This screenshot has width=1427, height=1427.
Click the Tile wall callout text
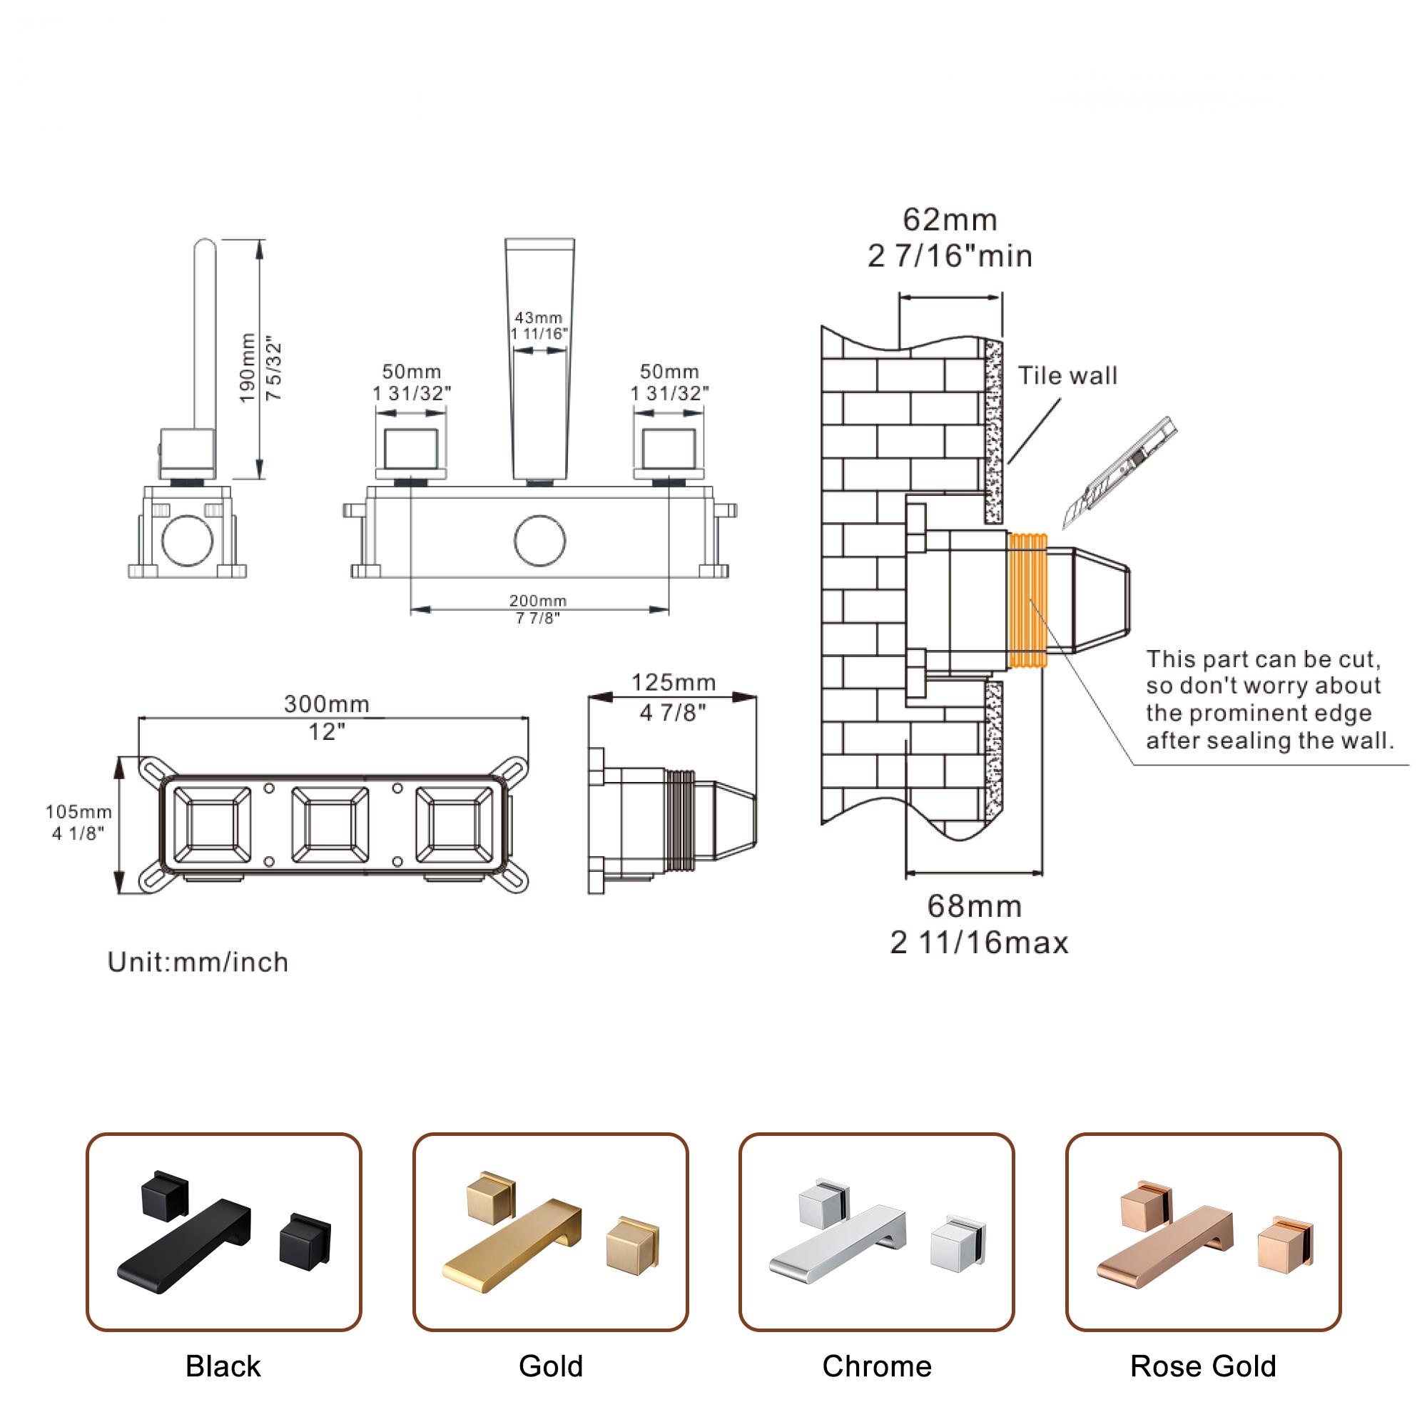[1067, 376]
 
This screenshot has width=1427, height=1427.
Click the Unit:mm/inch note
[198, 963]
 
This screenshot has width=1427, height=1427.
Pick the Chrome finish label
[877, 1366]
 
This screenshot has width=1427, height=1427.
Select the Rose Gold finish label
[1203, 1366]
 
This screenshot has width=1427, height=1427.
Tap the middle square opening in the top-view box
[330, 824]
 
